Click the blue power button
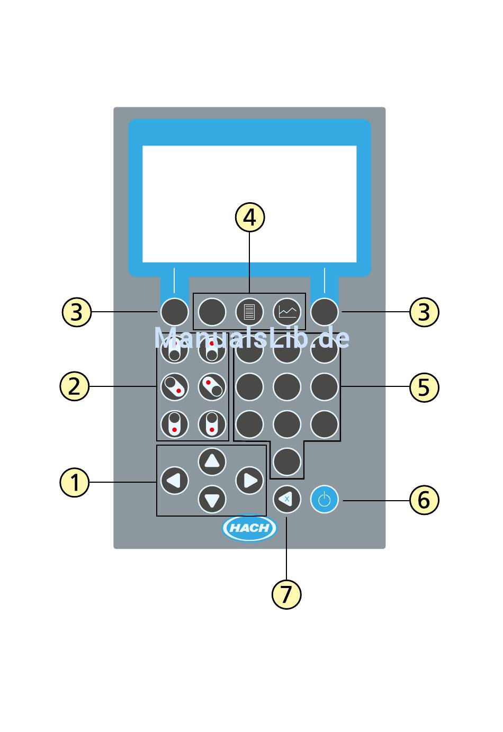click(324, 500)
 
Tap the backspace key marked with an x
click(286, 499)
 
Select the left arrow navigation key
click(174, 481)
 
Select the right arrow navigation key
click(249, 481)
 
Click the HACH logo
click(249, 528)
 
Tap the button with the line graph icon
click(287, 311)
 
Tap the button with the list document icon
click(249, 311)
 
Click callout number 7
click(286, 594)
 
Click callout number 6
click(424, 500)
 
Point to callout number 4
click(249, 218)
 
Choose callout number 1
click(75, 483)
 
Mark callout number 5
click(424, 387)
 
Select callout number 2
click(75, 386)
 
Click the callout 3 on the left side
click(77, 312)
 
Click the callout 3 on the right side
click(424, 312)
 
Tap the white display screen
click(249, 204)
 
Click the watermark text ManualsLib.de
click(252, 338)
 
